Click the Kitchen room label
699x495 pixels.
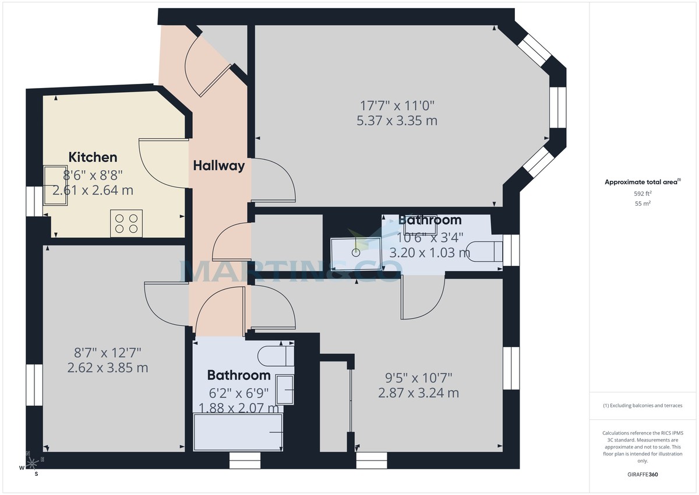coord(93,157)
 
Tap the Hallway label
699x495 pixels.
coord(218,166)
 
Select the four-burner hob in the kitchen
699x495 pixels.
coord(126,223)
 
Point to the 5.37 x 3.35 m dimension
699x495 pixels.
coord(397,121)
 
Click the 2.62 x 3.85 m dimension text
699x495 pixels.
coord(107,368)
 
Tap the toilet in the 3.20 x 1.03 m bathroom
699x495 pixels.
coord(487,250)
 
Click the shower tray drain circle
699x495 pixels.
coord(355,252)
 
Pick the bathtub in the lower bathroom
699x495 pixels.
coord(238,432)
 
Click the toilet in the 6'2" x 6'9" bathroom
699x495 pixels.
coord(276,355)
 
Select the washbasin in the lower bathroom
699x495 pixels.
coord(285,389)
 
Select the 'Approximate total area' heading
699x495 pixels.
coord(641,182)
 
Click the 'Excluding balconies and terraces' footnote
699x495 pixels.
coord(642,405)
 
